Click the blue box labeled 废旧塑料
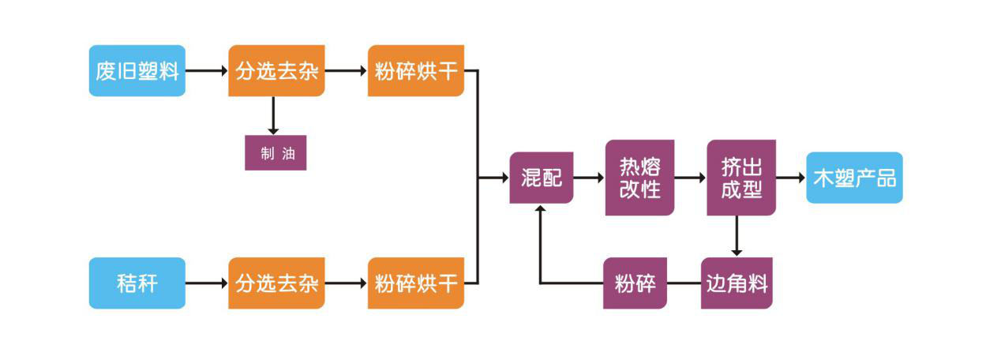click(x=137, y=71)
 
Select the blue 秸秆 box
click(x=137, y=283)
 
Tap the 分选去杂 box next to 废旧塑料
click(x=276, y=71)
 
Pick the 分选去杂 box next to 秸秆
click(x=276, y=283)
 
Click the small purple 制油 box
click(x=275, y=153)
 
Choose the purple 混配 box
click(x=541, y=178)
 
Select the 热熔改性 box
click(x=639, y=178)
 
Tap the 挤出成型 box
click(x=740, y=178)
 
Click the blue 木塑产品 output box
click(x=854, y=178)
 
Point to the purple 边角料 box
click(x=736, y=283)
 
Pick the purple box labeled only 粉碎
click(x=635, y=283)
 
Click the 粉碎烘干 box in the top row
click(x=415, y=71)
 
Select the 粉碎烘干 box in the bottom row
click(x=415, y=283)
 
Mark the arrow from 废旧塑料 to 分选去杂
click(x=207, y=71)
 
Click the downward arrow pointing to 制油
click(x=273, y=116)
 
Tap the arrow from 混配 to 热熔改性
click(x=589, y=178)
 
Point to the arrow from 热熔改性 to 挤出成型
click(x=690, y=178)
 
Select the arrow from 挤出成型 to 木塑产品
click(x=790, y=178)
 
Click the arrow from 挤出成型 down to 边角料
click(x=737, y=235)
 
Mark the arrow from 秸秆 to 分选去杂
click(x=207, y=283)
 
